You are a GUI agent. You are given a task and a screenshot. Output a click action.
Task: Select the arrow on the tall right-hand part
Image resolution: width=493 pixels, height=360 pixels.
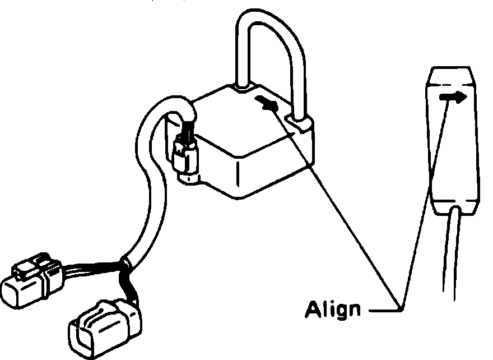point(453,97)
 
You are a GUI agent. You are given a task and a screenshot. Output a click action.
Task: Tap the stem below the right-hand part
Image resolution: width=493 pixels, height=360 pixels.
point(453,252)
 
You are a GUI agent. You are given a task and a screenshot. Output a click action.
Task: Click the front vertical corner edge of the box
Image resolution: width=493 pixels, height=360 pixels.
point(238,174)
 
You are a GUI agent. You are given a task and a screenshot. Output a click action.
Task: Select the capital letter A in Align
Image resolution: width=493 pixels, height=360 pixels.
point(313,308)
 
